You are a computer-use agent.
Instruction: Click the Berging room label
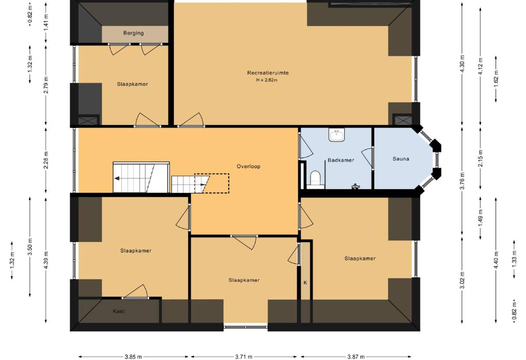click(134, 33)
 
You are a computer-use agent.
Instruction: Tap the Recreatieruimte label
click(268, 73)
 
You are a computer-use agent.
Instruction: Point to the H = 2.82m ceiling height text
click(267, 80)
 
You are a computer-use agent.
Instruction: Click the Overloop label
click(248, 166)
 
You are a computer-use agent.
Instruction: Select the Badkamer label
click(341, 160)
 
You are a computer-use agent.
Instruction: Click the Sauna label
click(401, 159)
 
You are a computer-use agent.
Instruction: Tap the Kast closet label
click(119, 311)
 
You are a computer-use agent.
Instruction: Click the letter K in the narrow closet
click(305, 283)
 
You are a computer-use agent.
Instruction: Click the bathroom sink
click(337, 135)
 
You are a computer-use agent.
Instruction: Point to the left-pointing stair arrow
click(117, 178)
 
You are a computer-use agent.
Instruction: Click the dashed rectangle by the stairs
click(212, 183)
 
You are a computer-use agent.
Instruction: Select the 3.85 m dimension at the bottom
click(133, 357)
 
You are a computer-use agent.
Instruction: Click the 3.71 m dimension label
click(244, 357)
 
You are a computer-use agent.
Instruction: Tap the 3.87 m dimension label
click(356, 357)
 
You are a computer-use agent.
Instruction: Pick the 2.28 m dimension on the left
click(46, 160)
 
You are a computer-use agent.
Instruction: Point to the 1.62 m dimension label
click(496, 78)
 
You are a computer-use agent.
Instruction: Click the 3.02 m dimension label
click(462, 280)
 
